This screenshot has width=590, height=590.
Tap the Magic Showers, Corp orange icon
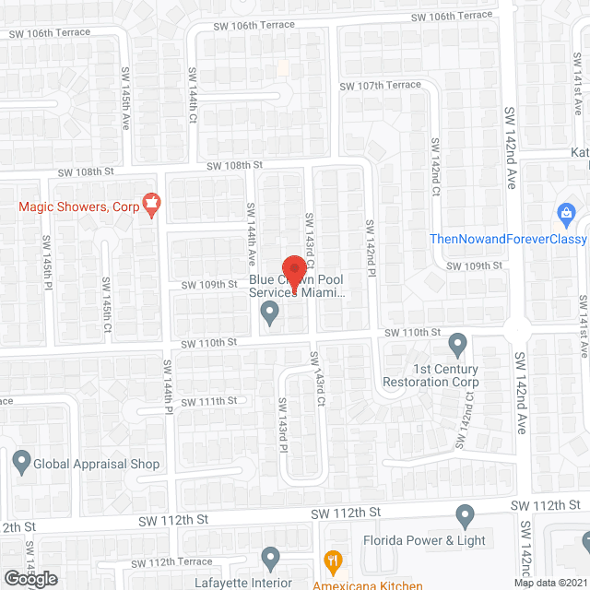pyautogui.click(x=152, y=202)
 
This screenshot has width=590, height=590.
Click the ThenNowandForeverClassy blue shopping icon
pyautogui.click(x=567, y=215)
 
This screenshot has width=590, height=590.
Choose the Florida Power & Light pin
pyautogui.click(x=466, y=514)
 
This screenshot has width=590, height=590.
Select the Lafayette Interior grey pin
pyautogui.click(x=269, y=558)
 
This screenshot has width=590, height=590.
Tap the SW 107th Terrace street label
pyautogui.click(x=380, y=86)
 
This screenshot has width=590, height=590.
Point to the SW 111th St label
pyautogui.click(x=209, y=401)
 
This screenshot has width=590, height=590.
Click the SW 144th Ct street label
pyautogui.click(x=193, y=100)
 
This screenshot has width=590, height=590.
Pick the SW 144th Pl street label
pyautogui.click(x=169, y=404)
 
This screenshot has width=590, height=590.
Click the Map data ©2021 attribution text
pyautogui.click(x=550, y=583)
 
